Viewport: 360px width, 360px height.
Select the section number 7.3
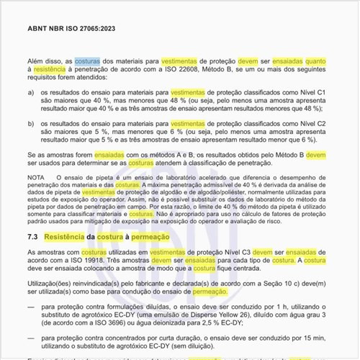(32, 235)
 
